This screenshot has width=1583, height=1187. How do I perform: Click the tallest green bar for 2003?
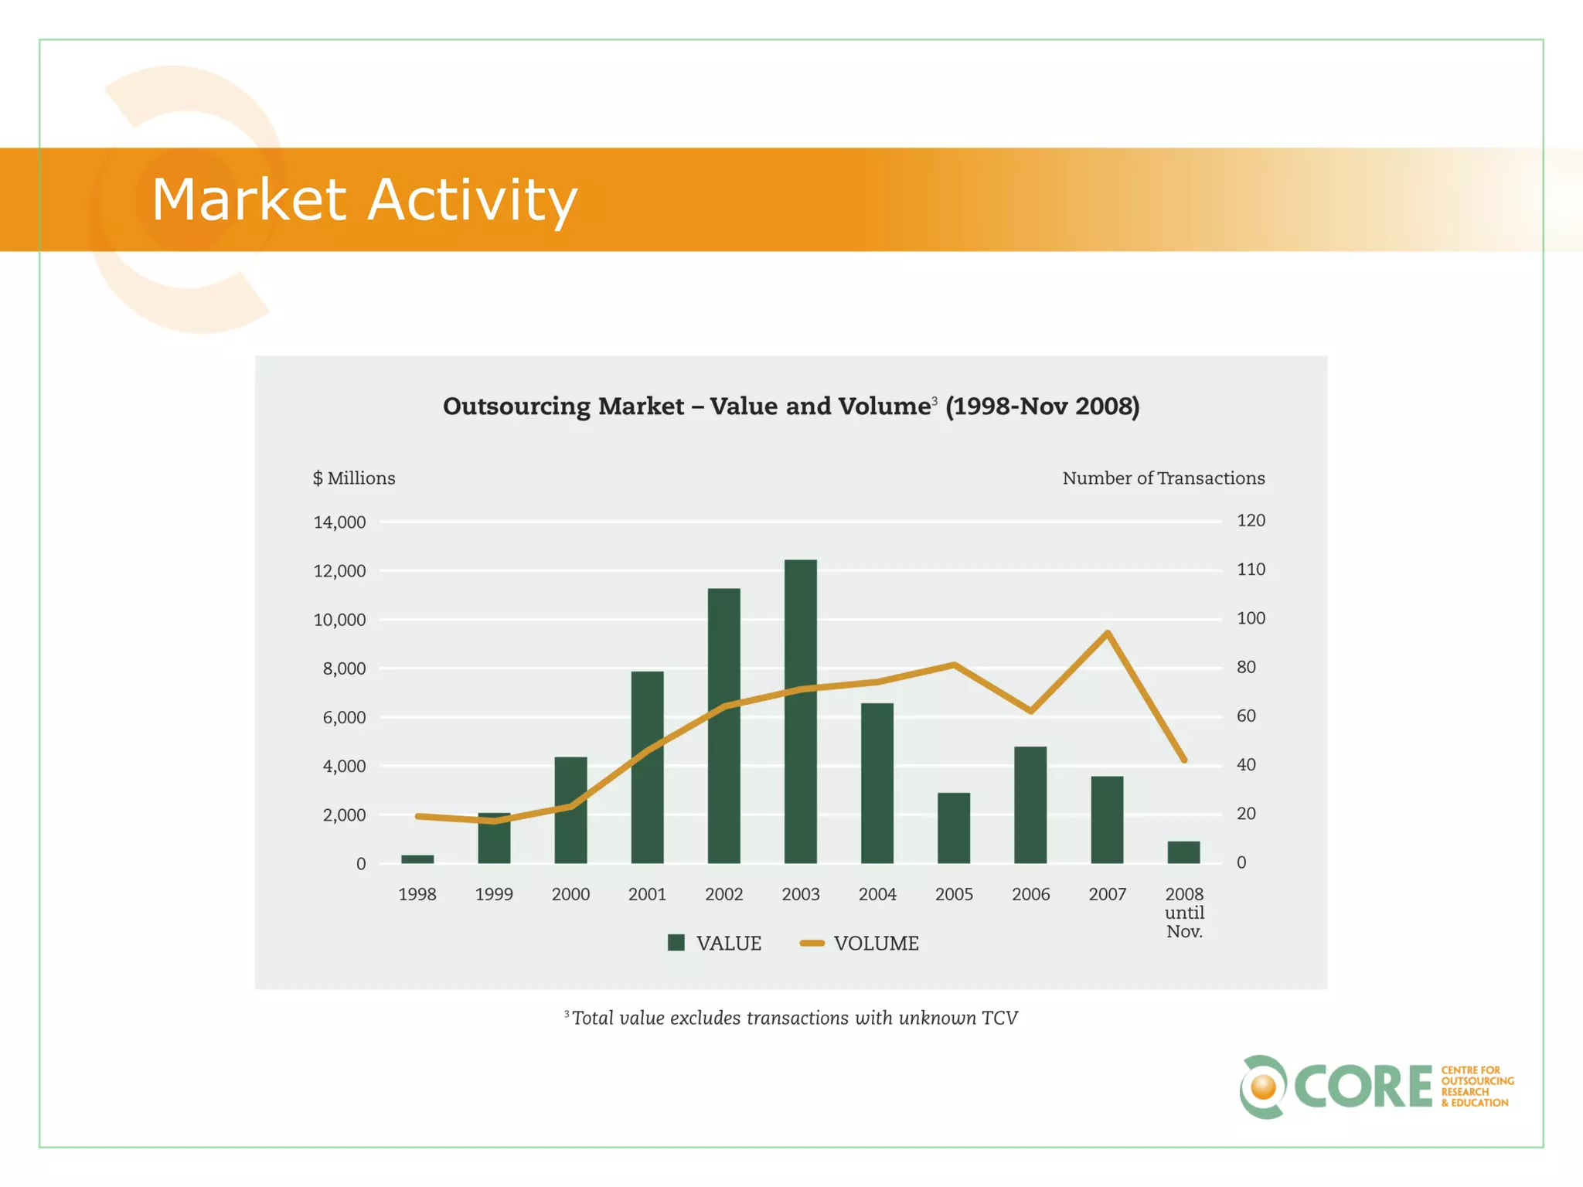pos(800,711)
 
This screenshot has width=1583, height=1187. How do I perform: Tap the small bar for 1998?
pos(417,859)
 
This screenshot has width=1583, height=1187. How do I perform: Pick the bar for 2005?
pos(954,828)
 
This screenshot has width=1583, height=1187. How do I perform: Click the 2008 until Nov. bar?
pos(1183,852)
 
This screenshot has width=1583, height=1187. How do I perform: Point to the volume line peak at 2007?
pos(1108,633)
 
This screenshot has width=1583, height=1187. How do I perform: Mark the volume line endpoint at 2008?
pos(1184,760)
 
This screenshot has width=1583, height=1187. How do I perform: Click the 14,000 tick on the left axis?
pos(339,522)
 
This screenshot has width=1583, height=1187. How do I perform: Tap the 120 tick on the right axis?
pos(1251,521)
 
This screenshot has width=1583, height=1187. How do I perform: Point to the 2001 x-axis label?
pos(647,894)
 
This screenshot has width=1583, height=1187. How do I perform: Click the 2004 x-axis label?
pos(877,894)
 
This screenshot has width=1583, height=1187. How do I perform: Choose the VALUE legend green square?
pos(676,943)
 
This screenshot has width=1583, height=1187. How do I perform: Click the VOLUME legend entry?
pos(860,943)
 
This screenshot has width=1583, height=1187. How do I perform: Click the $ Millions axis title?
pos(354,478)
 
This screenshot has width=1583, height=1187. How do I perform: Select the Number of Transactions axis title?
pos(1163,478)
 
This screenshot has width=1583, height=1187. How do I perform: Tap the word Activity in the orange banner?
pos(472,199)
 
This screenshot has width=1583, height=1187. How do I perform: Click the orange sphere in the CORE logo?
pos(1264,1087)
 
